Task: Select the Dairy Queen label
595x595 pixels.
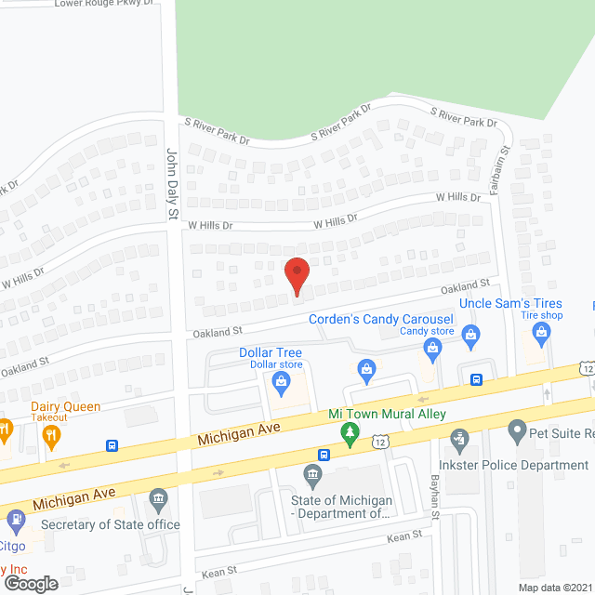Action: point(65,406)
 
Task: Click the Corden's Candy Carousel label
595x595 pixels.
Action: point(381,319)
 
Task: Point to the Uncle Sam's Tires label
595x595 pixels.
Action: point(511,304)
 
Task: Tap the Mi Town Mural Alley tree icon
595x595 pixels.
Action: point(349,431)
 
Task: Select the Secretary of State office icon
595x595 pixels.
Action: point(159,502)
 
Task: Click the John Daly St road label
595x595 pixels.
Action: point(171,184)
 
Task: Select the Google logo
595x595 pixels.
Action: point(30,583)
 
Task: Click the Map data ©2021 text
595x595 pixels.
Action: point(554,587)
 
